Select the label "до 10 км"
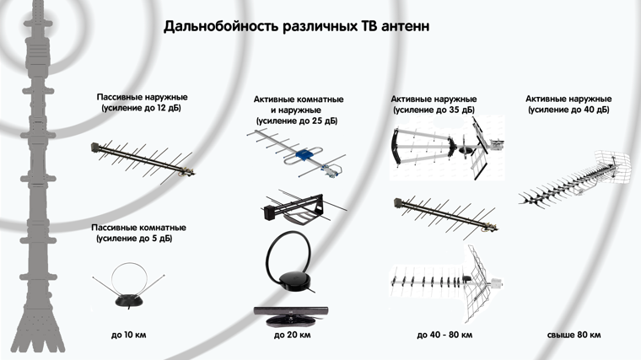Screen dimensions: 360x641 pyautogui.click(x=128, y=335)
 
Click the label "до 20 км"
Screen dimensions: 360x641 pyautogui.click(x=293, y=335)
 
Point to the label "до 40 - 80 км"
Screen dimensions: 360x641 pyautogui.click(x=444, y=335)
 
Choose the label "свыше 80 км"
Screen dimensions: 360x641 pyautogui.click(x=574, y=335)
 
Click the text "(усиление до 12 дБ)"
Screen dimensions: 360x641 pyautogui.click(x=141, y=109)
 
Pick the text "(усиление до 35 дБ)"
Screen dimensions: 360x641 pyautogui.click(x=434, y=110)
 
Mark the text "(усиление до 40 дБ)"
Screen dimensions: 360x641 pyautogui.click(x=568, y=110)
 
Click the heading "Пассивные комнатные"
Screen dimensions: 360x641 pyautogui.click(x=141, y=228)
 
